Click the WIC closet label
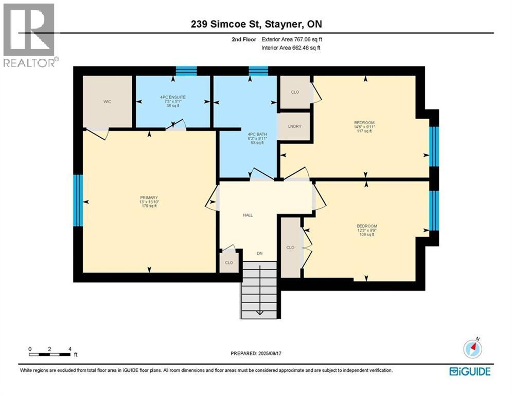(x=107, y=102)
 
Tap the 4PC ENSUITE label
(x=172, y=97)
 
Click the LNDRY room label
(x=294, y=126)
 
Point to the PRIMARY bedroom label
(x=149, y=197)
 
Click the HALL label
(x=248, y=216)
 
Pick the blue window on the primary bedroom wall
(x=78, y=200)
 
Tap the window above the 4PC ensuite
(x=186, y=71)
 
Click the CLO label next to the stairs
(x=228, y=262)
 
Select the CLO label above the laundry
(x=295, y=93)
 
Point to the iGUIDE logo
(x=469, y=371)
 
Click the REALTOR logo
(x=29, y=35)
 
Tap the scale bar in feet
(x=50, y=352)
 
